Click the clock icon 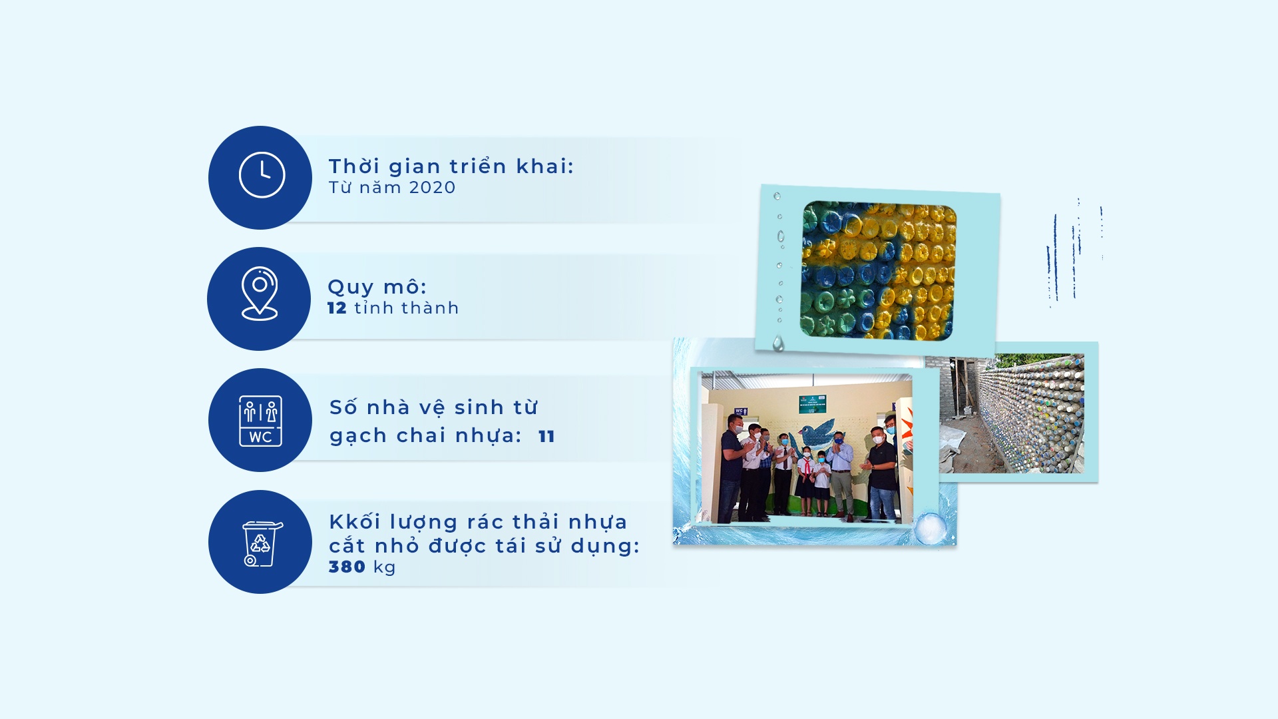pyautogui.click(x=262, y=175)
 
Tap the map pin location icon pyautogui.click(x=260, y=294)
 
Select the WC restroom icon pyautogui.click(x=260, y=421)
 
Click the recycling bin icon pyautogui.click(x=262, y=543)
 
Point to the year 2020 pyautogui.click(x=432, y=188)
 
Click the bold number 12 pyautogui.click(x=337, y=308)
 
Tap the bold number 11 pyautogui.click(x=546, y=436)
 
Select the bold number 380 pyautogui.click(x=347, y=567)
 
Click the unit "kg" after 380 pyautogui.click(x=385, y=568)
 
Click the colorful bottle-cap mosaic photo pyautogui.click(x=879, y=270)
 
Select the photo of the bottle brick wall pyautogui.click(x=1012, y=413)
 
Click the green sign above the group pyautogui.click(x=812, y=403)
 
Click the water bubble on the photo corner pyautogui.click(x=930, y=529)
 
